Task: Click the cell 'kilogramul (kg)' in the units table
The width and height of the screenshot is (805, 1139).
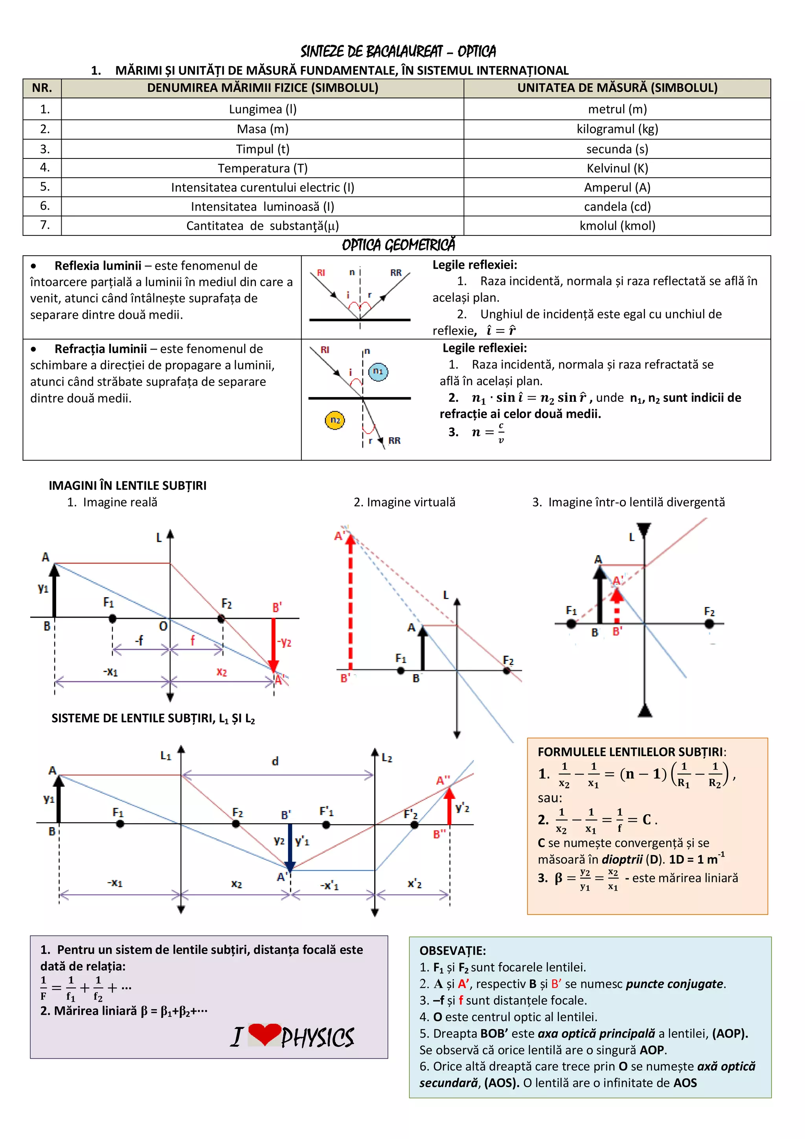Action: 617,129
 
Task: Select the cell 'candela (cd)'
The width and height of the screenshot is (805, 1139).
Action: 617,206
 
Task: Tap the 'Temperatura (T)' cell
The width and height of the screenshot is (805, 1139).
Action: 263,168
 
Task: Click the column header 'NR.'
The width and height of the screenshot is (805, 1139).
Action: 42,88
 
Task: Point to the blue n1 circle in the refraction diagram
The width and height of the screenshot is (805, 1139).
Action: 378,371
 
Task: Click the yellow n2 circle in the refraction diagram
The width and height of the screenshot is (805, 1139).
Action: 335,420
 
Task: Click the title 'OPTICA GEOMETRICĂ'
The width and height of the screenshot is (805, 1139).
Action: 398,245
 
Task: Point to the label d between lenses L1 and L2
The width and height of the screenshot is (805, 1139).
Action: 275,761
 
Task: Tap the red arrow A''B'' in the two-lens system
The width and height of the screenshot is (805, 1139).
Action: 449,806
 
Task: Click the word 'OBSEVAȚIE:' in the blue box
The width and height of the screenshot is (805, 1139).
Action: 452,951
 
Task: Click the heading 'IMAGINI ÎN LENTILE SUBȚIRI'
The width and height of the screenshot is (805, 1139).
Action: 127,486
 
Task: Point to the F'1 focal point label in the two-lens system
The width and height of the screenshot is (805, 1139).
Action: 326,811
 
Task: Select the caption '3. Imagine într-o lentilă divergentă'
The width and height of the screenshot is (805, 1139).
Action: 629,502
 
